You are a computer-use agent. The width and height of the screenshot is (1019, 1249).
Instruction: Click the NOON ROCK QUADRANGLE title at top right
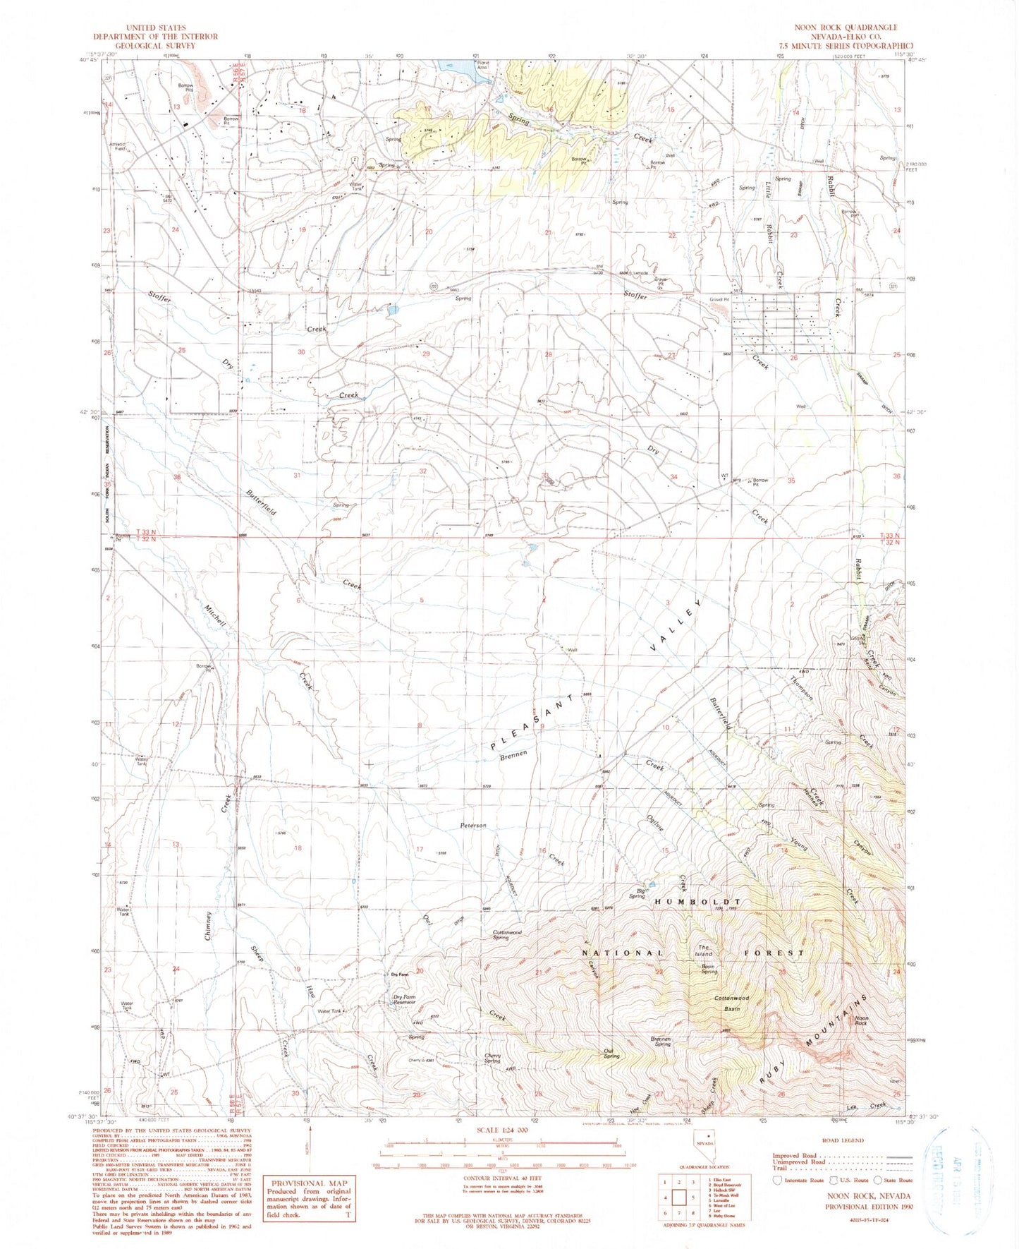click(x=846, y=28)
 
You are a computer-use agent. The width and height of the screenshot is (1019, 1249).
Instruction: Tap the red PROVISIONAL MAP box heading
click(x=309, y=1183)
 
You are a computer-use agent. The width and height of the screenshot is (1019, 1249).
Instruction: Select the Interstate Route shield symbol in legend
click(x=778, y=1179)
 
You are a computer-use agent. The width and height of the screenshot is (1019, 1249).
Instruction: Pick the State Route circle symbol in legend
click(x=877, y=1179)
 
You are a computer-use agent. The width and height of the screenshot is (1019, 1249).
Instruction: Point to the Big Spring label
click(x=637, y=893)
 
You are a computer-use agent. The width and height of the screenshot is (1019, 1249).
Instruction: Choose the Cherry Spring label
click(x=492, y=1058)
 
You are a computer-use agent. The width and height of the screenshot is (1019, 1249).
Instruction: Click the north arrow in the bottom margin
click(x=308, y=1147)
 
